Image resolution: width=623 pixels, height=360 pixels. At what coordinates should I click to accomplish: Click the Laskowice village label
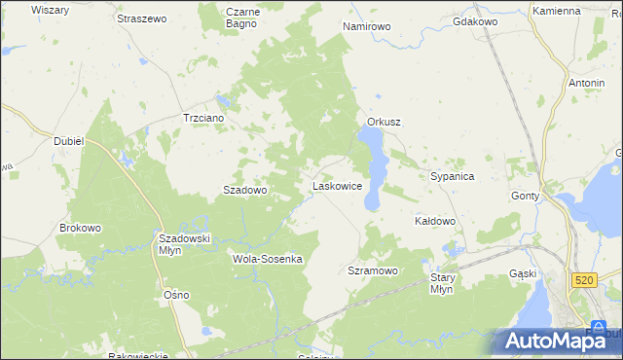tap(337, 185)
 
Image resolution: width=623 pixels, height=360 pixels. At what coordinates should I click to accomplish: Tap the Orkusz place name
tap(385, 122)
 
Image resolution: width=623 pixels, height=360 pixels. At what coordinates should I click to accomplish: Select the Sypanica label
tap(452, 176)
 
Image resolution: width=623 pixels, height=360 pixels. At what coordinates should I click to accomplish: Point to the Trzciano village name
tap(204, 118)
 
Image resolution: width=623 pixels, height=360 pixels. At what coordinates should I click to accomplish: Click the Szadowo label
tap(245, 191)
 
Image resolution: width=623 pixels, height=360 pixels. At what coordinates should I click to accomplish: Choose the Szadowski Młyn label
tap(184, 243)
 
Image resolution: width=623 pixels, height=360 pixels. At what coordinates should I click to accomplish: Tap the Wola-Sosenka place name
tap(269, 259)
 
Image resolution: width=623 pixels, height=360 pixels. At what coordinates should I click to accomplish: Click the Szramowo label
tap(373, 270)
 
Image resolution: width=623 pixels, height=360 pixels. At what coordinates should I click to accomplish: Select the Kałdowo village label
tap(435, 221)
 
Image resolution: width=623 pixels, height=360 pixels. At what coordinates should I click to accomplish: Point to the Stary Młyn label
tap(442, 283)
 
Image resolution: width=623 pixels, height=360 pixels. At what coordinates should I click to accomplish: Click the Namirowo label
tap(366, 26)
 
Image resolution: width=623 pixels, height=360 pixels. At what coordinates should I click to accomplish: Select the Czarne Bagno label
tap(241, 18)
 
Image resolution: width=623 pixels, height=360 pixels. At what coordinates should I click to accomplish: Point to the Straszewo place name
tap(142, 18)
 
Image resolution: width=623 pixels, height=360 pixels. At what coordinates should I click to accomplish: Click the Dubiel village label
tap(70, 141)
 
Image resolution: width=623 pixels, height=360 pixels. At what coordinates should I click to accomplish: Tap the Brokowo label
tap(80, 228)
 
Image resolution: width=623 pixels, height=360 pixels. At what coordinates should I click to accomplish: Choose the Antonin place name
tap(587, 83)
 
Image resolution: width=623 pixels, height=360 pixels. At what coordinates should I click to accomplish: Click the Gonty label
tap(526, 196)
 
